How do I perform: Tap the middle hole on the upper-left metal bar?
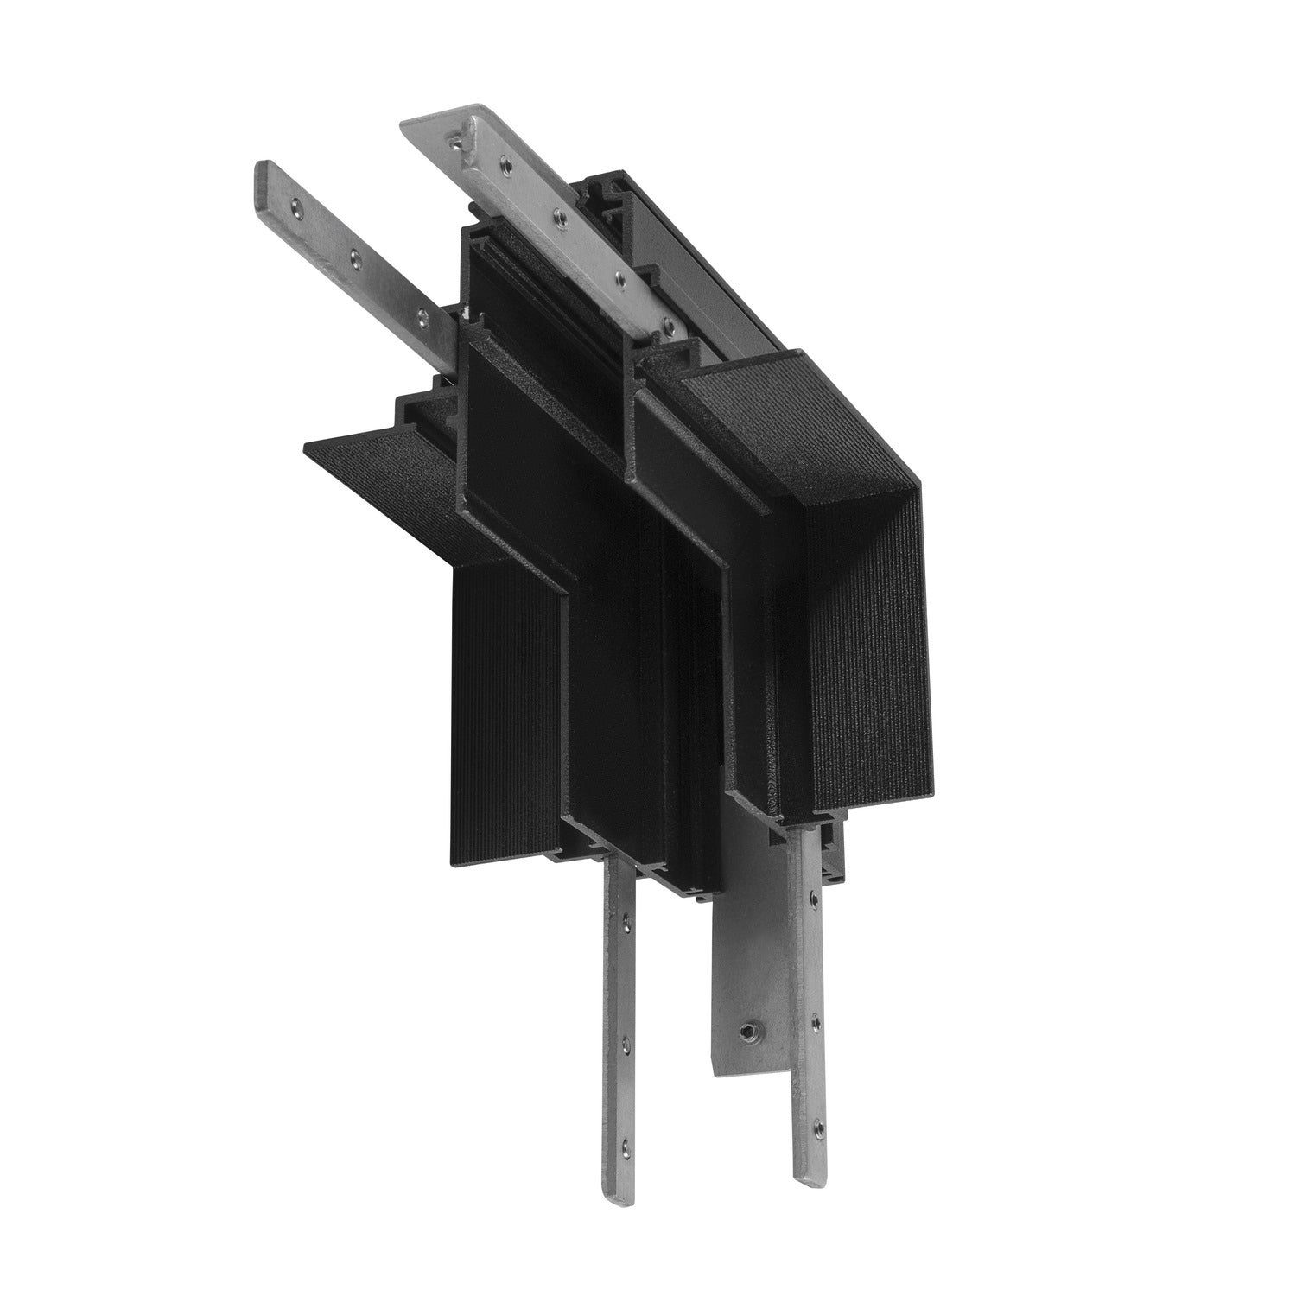(x=353, y=257)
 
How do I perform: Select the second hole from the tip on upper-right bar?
(x=503, y=160)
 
